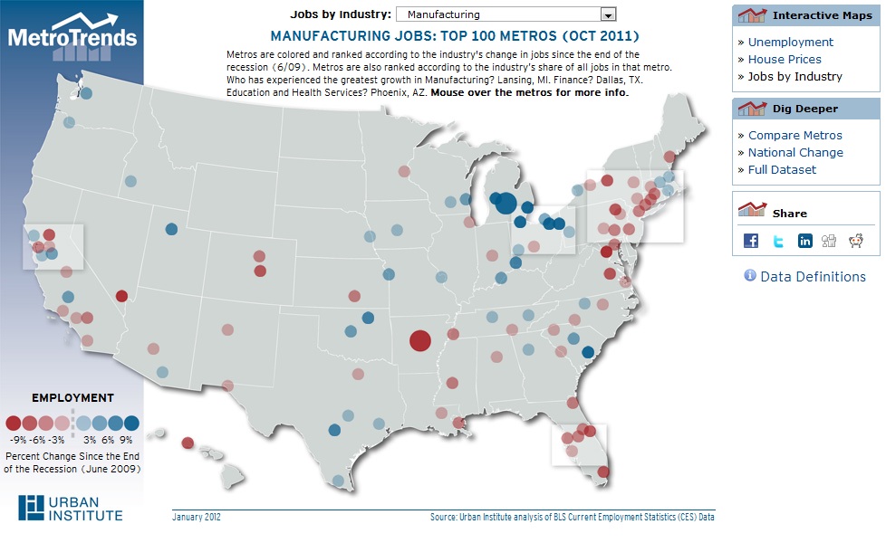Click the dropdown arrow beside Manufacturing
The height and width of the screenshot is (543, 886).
[x=608, y=14]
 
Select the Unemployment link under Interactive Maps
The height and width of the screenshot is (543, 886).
[x=790, y=42]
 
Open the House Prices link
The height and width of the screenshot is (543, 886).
[x=785, y=59]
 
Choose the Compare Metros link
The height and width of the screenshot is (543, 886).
[x=795, y=135]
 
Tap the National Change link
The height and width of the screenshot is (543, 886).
[x=795, y=152]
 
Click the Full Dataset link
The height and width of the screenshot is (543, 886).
[x=782, y=169]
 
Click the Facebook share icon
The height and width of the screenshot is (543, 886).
[x=751, y=240]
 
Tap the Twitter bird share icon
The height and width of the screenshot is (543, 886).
[x=778, y=240]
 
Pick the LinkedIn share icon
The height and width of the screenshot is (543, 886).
[x=804, y=240]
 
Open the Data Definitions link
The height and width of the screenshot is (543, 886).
[x=813, y=276]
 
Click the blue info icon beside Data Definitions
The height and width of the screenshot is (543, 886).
[x=749, y=275]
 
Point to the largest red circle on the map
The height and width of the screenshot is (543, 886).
[x=419, y=340]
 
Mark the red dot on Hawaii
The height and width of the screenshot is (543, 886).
[x=188, y=443]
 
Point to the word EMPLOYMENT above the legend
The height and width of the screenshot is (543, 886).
[x=72, y=397]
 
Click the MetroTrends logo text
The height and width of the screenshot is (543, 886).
[x=72, y=37]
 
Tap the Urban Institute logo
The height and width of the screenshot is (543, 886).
[x=71, y=509]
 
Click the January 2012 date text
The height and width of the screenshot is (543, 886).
[x=196, y=518]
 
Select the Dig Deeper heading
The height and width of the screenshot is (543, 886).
[x=804, y=109]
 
